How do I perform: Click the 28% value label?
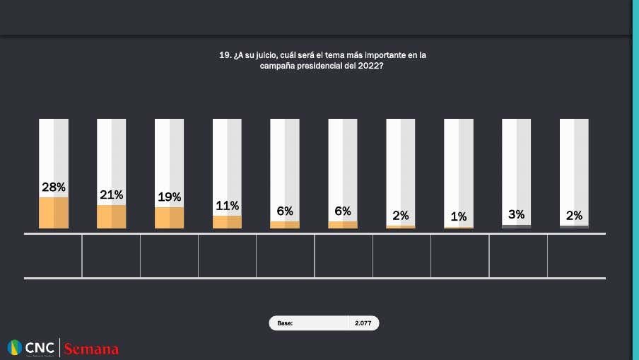pos(54,187)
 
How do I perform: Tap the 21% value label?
pos(111,194)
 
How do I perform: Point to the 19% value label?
pos(169,197)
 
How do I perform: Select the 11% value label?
pos(227,206)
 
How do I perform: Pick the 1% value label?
pos(458,217)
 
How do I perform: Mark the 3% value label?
pos(516,214)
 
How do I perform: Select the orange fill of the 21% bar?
pos(111,216)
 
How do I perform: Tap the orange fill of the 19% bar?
pos(169,218)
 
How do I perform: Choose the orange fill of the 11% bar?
pos(227,222)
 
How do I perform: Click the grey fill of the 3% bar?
pos(516,226)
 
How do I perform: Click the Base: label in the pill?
pos(285,323)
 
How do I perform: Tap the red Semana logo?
pos(91,349)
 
